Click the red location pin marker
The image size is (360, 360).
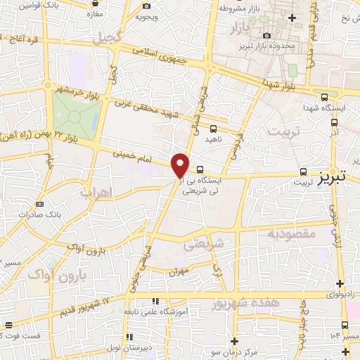(x=180, y=164)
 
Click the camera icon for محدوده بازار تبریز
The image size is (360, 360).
(x=266, y=36)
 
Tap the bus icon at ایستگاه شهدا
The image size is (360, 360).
(x=324, y=98)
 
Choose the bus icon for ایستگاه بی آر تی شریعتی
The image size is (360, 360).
(x=200, y=169)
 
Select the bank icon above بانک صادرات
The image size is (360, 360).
(x=39, y=205)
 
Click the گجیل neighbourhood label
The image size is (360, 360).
(x=112, y=37)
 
